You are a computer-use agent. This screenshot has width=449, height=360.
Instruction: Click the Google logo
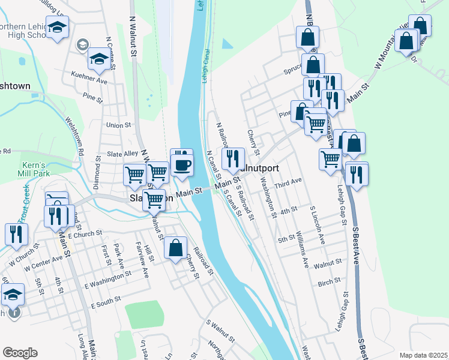20,353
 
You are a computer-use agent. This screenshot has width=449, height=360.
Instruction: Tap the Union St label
118,125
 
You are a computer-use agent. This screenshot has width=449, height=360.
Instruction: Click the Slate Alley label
122,154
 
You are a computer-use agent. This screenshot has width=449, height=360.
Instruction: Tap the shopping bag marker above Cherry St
175,248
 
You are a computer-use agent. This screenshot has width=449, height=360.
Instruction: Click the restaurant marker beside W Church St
13,234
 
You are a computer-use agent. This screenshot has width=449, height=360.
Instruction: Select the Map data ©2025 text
423,355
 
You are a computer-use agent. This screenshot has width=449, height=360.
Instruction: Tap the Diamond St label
96,172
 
